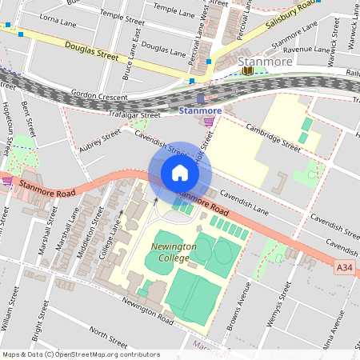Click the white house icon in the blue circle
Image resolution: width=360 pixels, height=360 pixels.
click(180, 173)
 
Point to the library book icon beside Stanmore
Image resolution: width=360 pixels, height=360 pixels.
click(248, 72)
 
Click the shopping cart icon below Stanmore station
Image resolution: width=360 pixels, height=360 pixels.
click(210, 122)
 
